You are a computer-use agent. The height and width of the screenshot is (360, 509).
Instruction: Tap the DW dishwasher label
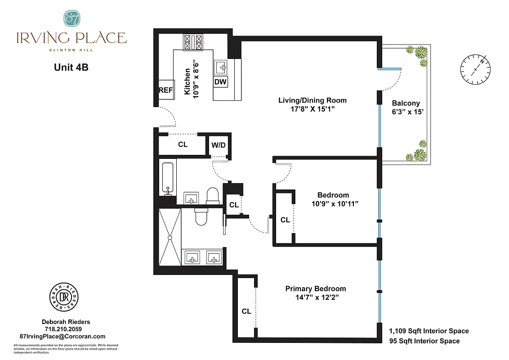click(x=220, y=82)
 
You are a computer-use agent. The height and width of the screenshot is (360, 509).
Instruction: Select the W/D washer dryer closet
click(x=219, y=145)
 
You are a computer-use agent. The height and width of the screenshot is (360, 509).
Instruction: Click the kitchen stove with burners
click(x=194, y=43)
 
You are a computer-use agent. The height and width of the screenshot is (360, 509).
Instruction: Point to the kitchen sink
click(x=222, y=67)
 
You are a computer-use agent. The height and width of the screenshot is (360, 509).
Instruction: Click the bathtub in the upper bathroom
click(x=168, y=178)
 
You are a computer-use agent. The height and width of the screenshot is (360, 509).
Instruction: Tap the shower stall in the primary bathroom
click(x=170, y=237)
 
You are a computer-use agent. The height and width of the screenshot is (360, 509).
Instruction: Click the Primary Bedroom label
click(x=316, y=288)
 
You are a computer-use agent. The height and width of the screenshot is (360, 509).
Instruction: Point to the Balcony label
click(x=406, y=103)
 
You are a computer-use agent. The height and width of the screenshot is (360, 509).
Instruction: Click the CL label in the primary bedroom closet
click(x=246, y=311)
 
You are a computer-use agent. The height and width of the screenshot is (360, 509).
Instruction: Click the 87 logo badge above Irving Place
click(x=71, y=18)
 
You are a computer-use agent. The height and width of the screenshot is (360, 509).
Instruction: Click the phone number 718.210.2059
click(x=66, y=329)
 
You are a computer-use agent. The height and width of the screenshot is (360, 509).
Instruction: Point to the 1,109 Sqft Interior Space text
click(x=429, y=331)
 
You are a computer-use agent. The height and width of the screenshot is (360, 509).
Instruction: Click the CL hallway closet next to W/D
click(x=183, y=145)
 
